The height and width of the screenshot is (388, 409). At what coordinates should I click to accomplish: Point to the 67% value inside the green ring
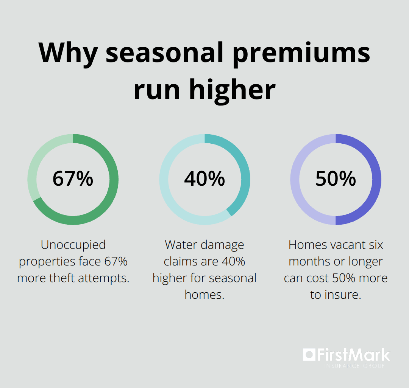(73, 178)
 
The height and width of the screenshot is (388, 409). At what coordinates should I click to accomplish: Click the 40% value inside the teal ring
(204, 178)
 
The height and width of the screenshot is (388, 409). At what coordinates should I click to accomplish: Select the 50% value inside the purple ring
(336, 178)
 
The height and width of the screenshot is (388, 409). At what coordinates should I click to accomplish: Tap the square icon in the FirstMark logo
(309, 355)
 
